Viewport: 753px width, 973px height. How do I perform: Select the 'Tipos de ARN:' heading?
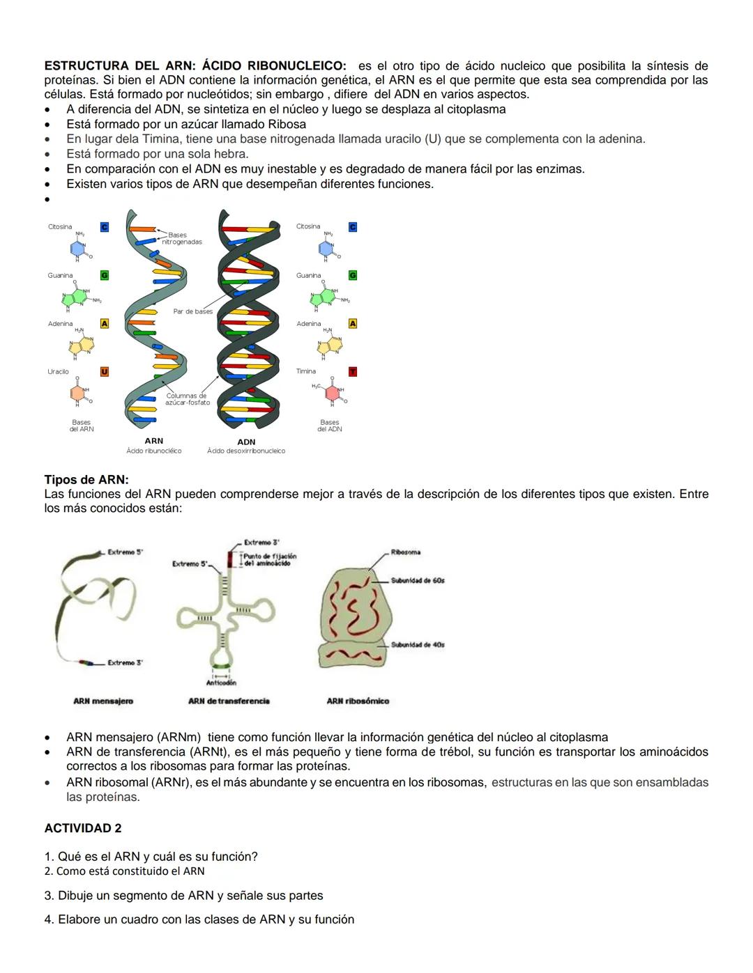[86, 480]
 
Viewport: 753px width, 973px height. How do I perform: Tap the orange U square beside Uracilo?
[105, 372]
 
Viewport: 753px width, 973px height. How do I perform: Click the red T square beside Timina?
[353, 372]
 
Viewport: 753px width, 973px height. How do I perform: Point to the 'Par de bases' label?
[193, 311]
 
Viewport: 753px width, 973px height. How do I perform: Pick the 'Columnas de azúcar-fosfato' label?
[187, 399]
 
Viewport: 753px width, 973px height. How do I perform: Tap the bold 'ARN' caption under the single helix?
[153, 441]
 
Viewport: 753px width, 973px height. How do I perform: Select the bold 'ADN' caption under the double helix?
[246, 442]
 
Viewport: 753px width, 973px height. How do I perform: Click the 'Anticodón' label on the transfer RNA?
[221, 683]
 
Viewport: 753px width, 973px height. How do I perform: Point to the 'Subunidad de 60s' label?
[418, 580]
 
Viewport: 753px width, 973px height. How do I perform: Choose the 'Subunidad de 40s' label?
[418, 645]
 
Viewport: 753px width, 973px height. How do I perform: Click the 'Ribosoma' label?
[405, 552]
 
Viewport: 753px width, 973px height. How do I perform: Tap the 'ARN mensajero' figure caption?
[103, 701]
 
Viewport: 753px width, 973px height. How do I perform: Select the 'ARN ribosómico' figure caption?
[358, 701]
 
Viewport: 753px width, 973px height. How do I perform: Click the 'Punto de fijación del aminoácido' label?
[270, 559]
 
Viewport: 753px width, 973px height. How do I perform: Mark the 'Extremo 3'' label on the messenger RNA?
[125, 662]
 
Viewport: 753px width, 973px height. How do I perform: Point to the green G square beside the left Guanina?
[105, 276]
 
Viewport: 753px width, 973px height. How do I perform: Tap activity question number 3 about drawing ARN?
[183, 896]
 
